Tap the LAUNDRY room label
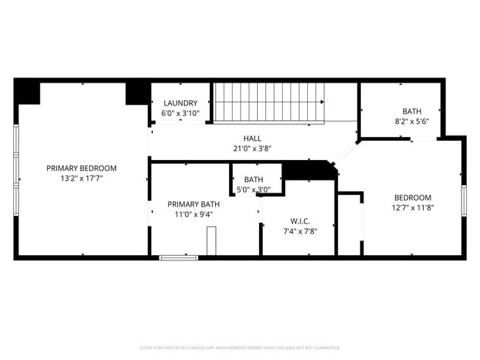coord(180,103)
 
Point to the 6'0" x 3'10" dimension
coord(180,114)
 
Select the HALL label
coord(252,138)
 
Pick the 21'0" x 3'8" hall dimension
coord(252,148)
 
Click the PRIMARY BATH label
coord(193,204)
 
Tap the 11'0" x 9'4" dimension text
coord(193,215)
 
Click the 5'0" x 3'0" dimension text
coord(253,190)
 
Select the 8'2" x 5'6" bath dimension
coord(412,122)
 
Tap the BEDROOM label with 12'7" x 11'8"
coord(412,197)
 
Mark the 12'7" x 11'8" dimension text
coord(412,208)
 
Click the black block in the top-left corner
coord(27,92)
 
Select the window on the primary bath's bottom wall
coord(179,257)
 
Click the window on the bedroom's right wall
coord(464,200)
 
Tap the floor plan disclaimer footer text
coord(240,347)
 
